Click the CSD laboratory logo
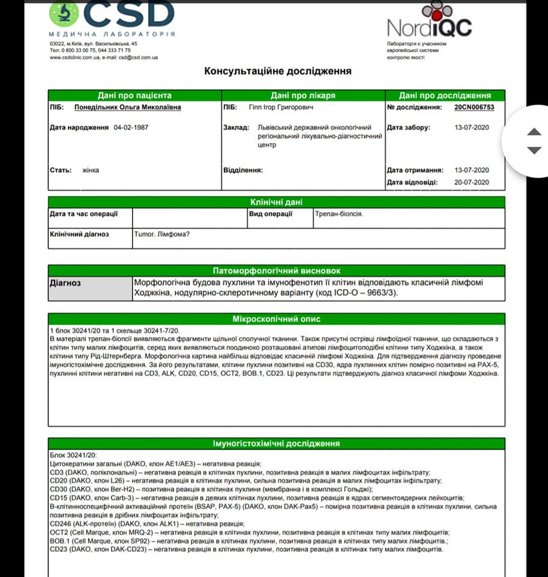click(112, 17)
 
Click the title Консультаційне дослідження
click(278, 71)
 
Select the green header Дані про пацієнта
click(134, 96)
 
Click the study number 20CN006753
click(474, 108)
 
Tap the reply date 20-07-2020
click(472, 182)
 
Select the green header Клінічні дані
click(276, 202)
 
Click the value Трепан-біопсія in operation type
click(339, 214)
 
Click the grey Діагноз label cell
click(89, 288)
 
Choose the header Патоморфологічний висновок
click(277, 271)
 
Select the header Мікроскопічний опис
click(277, 319)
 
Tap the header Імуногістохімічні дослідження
click(277, 444)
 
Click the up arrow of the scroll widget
click(534, 132)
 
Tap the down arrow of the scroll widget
click(534, 150)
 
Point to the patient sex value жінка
click(91, 170)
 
